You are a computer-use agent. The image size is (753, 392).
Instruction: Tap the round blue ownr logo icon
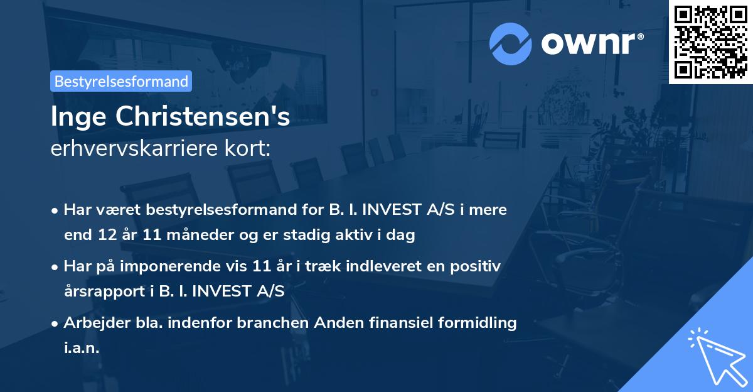click(x=511, y=44)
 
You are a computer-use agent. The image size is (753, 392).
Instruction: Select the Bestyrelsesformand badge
click(x=121, y=81)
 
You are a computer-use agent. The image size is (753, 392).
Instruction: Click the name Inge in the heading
click(x=75, y=117)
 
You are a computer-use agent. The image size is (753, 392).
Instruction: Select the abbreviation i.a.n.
click(x=82, y=348)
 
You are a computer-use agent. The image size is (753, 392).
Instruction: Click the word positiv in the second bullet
click(x=480, y=266)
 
